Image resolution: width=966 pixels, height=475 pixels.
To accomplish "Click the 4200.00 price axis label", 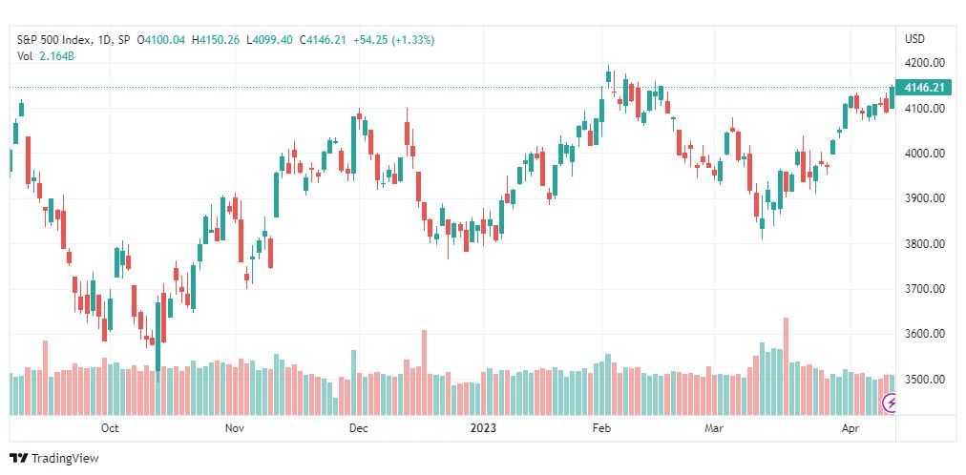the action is pos(925,63).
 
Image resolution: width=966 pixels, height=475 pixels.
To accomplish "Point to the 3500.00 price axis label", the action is pos(925,379).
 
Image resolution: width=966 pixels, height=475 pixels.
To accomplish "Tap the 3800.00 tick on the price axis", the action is pos(925,243).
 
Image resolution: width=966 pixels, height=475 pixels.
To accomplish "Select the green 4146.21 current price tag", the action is pos(924,88).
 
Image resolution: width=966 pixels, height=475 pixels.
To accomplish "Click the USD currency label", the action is pos(914,39).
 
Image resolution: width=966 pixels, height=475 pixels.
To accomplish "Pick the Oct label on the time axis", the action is pos(110,428).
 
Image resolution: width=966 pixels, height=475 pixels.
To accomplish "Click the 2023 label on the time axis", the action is pos(483,428).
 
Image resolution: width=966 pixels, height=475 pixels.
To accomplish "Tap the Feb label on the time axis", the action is pos(601,428).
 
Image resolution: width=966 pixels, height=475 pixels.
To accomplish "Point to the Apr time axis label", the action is pos(850,428).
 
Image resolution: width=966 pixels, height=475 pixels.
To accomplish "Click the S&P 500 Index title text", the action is pos(54,40).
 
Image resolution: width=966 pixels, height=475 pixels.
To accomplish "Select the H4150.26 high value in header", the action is pos(216,40).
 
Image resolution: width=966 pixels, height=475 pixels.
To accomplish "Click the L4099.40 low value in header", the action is pos(270,40).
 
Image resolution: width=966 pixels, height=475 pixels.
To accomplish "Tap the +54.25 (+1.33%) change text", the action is pos(393,40).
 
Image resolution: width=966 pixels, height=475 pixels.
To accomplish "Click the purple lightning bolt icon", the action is pos(889,403).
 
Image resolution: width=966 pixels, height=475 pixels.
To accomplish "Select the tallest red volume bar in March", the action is pos(787,366).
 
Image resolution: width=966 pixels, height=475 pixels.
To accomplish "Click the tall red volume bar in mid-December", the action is pos(424,373).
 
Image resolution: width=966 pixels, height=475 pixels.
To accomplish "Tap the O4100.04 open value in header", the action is pos(161,40).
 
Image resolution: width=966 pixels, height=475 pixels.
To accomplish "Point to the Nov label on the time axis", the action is pos(235,428).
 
